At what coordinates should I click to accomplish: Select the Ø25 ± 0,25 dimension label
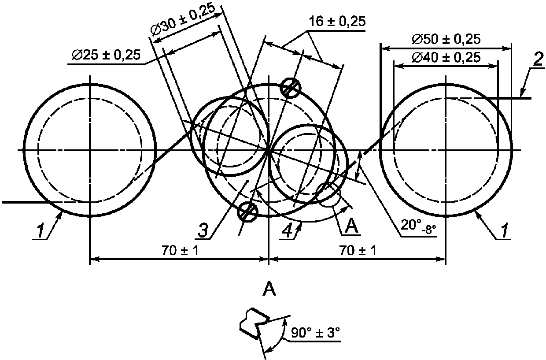point(106,55)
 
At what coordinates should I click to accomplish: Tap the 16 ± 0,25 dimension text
point(337,22)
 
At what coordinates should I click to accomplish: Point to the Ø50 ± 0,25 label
point(446,40)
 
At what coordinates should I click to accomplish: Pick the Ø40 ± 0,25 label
point(446,58)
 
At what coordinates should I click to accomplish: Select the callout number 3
point(203,230)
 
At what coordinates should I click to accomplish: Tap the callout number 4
point(288,230)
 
